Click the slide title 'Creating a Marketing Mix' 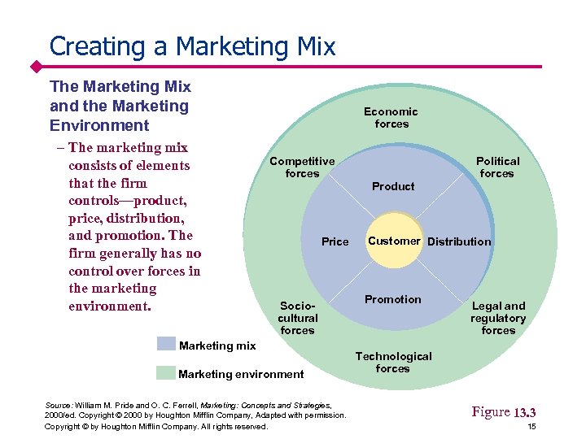coord(192,46)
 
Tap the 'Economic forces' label coord(391,118)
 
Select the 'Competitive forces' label coord(302,167)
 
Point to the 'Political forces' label coord(497,167)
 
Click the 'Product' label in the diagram coord(393,186)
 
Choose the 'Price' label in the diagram coord(335,241)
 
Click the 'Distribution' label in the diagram coord(459,241)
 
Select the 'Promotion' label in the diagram coord(393,299)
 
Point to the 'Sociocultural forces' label coord(297,318)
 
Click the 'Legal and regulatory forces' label coord(498,318)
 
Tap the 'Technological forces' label coord(393,363)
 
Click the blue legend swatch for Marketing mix coord(166,345)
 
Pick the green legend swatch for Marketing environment coord(166,373)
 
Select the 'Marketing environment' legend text coord(241,374)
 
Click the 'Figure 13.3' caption coord(504,412)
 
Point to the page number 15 coord(531,427)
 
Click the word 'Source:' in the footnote coord(58,405)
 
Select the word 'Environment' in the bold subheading coord(99,125)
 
